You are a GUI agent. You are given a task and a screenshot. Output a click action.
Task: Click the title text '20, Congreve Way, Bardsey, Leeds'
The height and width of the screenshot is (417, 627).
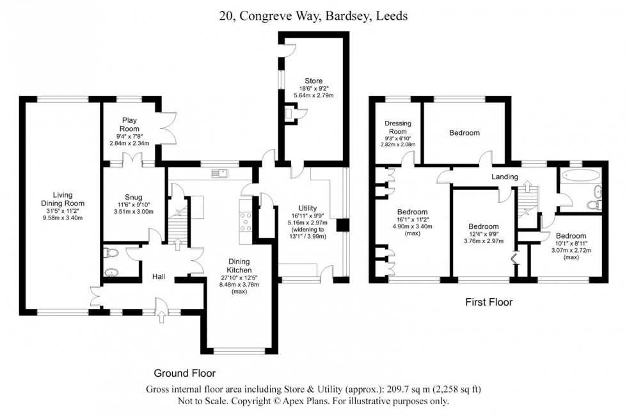(x=313, y=17)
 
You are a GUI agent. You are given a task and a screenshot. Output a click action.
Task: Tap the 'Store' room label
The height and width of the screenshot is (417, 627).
(x=314, y=81)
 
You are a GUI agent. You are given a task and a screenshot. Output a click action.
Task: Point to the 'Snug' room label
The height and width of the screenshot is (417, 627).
(x=134, y=197)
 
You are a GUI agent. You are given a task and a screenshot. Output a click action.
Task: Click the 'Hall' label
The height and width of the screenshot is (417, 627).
(x=159, y=276)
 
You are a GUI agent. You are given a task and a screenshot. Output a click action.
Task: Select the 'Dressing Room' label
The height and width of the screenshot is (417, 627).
(x=397, y=127)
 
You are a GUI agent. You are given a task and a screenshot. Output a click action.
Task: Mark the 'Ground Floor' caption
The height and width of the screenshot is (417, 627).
(x=184, y=373)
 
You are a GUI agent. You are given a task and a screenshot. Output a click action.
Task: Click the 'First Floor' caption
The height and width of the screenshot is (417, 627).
(x=488, y=302)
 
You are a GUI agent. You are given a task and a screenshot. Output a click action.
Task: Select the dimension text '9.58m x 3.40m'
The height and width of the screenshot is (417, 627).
(x=63, y=218)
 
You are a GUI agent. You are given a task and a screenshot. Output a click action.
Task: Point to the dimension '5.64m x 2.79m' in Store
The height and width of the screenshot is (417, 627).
(x=314, y=95)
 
